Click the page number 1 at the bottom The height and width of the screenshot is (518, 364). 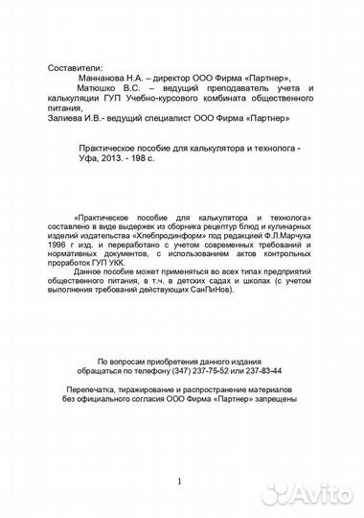pyautogui.click(x=178, y=481)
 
